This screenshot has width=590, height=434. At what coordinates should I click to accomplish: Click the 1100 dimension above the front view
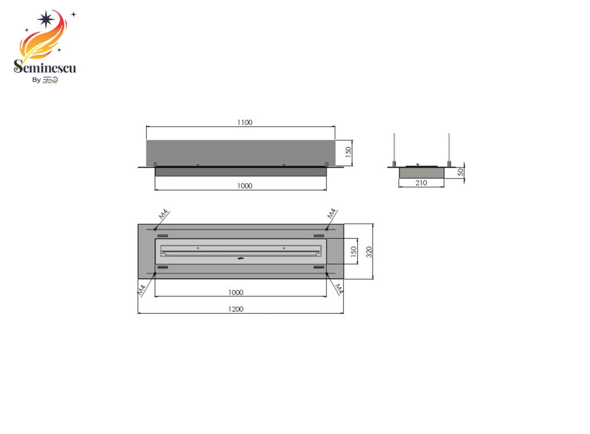coord(244,122)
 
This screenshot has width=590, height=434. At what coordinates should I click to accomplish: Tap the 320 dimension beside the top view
coord(369,251)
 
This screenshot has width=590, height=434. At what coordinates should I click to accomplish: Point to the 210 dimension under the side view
coord(421,183)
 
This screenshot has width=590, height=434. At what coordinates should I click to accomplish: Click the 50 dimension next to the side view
coord(460,172)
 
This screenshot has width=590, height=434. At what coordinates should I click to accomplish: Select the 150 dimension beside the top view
coord(354,251)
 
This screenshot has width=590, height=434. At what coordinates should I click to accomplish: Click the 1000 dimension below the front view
coord(244,186)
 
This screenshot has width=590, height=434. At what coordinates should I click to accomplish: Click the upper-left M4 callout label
coord(164,214)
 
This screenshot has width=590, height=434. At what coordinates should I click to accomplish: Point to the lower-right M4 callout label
coord(339,288)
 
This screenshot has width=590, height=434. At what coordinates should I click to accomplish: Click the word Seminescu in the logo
coord(45,68)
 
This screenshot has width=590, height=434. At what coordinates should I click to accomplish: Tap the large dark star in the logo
coord(46,19)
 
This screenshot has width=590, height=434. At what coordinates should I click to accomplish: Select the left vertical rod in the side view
coord(394,149)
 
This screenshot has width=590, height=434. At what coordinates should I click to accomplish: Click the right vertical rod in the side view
coord(449,149)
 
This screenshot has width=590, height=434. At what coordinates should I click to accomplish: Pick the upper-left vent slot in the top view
coord(163,236)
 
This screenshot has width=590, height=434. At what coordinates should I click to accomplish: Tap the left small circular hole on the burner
coord(198,248)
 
